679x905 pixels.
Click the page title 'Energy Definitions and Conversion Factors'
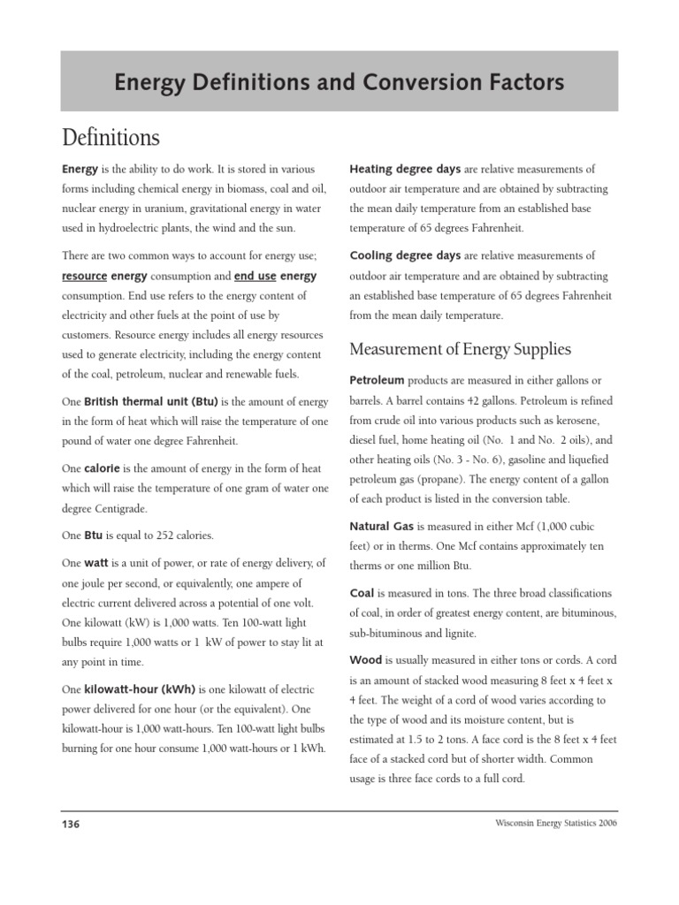pos(339,83)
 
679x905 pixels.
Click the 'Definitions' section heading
pos(111,138)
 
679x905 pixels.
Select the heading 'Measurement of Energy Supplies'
pos(460,349)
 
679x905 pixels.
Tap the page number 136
pos(71,825)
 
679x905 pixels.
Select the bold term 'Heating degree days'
pos(405,169)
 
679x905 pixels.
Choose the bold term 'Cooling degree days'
pos(405,255)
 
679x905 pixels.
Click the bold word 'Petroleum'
pos(377,380)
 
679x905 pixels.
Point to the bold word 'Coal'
pos(362,593)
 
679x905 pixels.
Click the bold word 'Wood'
pos(366,659)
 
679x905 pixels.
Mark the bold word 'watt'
pos(95,563)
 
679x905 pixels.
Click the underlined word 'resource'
pos(84,276)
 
